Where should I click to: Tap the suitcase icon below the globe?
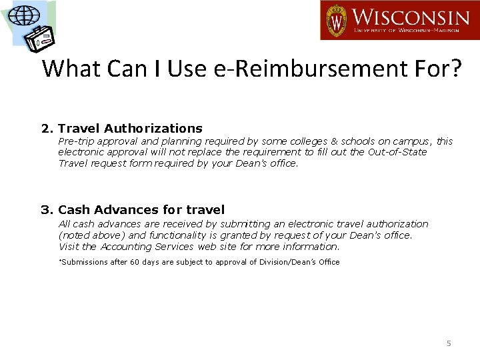[39, 39]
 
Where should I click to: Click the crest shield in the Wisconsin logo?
[336, 20]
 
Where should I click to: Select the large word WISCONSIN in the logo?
[410, 17]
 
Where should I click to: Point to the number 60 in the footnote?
[135, 262]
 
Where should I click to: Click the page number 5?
[449, 343]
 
